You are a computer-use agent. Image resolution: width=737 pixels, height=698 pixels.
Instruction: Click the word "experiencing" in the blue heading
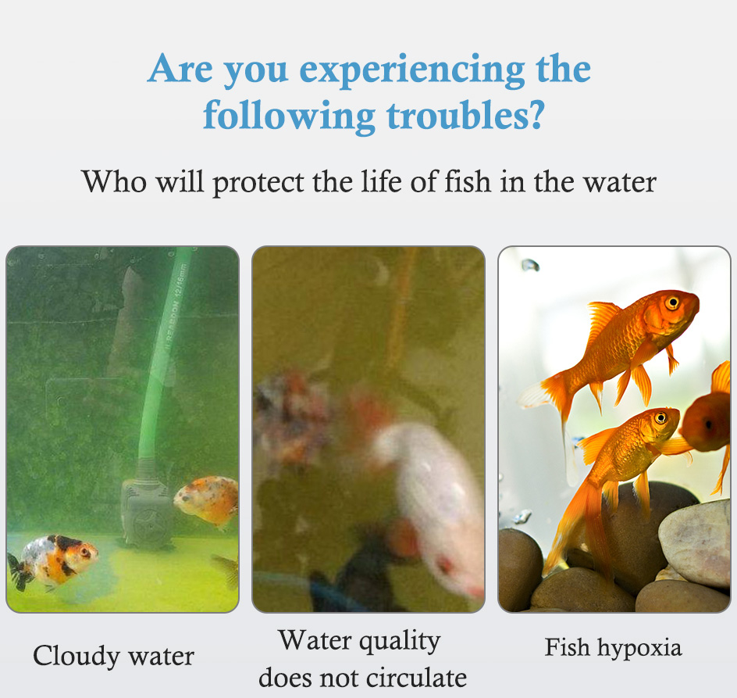click(411, 70)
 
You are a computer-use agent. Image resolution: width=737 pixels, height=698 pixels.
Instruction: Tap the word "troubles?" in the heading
click(465, 115)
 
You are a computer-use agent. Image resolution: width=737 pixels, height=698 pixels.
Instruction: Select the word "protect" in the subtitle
click(258, 183)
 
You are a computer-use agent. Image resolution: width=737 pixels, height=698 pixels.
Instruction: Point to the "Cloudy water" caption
click(113, 656)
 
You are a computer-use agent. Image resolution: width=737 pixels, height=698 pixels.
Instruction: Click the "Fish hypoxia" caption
click(613, 648)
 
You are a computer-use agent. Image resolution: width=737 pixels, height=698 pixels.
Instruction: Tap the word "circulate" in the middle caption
click(416, 678)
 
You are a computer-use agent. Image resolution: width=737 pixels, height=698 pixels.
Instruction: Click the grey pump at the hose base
click(146, 513)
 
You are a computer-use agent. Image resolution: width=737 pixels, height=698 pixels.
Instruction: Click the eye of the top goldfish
click(673, 302)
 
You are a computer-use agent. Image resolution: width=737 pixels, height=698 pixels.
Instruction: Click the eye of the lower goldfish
click(660, 417)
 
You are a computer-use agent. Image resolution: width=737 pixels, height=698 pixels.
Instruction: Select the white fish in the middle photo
click(430, 503)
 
